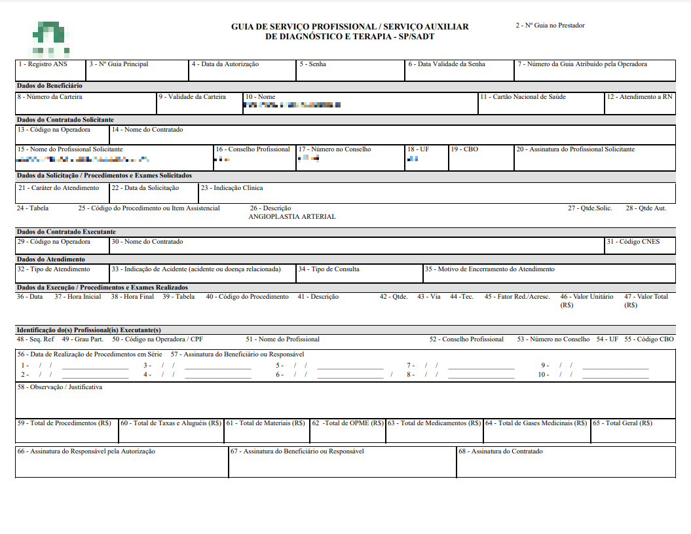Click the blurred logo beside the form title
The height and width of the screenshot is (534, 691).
click(50, 39)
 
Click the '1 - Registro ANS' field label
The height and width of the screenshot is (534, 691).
click(43, 64)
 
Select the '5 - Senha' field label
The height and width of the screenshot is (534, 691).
click(312, 64)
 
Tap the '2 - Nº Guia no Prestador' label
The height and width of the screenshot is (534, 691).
click(550, 26)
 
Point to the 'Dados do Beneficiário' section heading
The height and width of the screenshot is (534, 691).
click(50, 86)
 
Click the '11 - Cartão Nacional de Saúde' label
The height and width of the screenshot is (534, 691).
click(523, 97)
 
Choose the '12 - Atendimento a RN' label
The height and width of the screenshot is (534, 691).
click(639, 97)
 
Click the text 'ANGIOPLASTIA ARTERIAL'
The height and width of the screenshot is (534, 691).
click(292, 217)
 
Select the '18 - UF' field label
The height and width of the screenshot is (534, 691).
click(418, 149)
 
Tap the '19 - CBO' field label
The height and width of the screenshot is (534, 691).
click(464, 149)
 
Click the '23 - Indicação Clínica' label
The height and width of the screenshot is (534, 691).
click(232, 188)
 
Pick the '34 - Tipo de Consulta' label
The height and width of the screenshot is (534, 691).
click(329, 269)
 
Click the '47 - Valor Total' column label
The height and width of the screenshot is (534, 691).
click(646, 297)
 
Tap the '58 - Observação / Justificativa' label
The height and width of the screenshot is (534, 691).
click(60, 387)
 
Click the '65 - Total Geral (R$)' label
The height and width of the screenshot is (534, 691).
click(622, 423)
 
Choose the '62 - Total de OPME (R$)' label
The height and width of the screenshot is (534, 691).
click(348, 423)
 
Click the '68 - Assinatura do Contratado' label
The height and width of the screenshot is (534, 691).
click(500, 451)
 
